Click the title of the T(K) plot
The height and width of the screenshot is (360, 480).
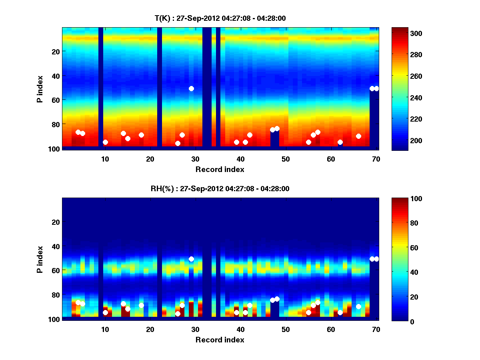pos(220,18)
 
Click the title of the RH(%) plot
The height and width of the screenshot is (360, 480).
pos(220,188)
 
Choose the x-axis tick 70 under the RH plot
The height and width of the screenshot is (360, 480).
pos(376,330)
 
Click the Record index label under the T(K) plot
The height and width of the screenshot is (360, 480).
pos(220,169)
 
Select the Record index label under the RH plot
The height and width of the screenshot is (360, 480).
pos(220,340)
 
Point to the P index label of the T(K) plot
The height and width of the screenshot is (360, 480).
pos(40,88)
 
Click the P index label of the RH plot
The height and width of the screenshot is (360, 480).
pos(40,259)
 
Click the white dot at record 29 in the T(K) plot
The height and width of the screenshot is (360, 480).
pos(191,88)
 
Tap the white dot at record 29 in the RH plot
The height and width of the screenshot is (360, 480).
pos(191,259)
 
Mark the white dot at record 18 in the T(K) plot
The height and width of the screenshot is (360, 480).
pos(141,135)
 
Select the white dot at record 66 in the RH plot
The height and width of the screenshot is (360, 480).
pos(358,306)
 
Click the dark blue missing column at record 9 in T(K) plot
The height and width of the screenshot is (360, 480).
pos(101,88)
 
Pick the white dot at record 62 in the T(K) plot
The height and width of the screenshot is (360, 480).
pos(340,142)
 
